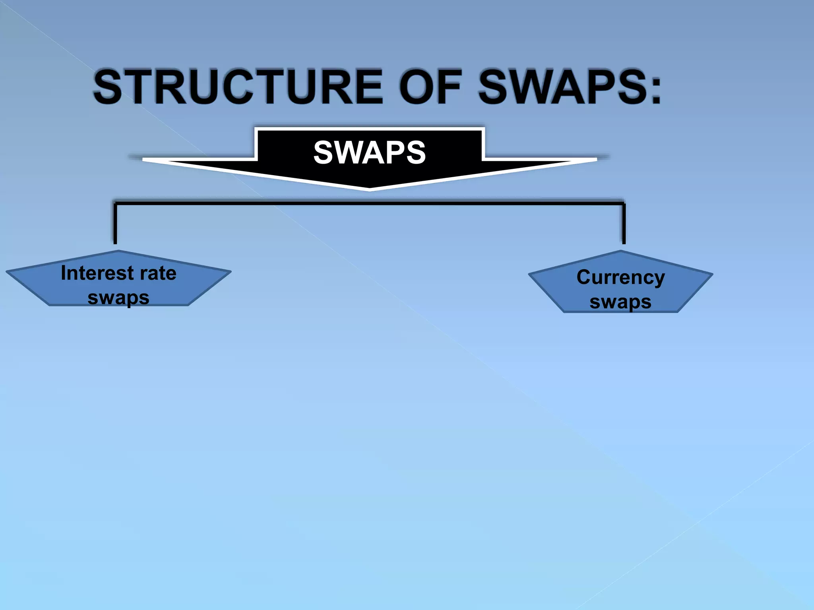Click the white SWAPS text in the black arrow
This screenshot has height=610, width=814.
pos(369,152)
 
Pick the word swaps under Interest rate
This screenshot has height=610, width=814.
pos(118,298)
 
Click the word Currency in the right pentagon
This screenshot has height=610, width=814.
pos(620,277)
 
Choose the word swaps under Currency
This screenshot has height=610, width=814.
pos(620,302)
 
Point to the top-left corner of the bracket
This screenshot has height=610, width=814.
pos(116,204)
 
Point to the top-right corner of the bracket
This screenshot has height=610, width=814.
pos(623,204)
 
